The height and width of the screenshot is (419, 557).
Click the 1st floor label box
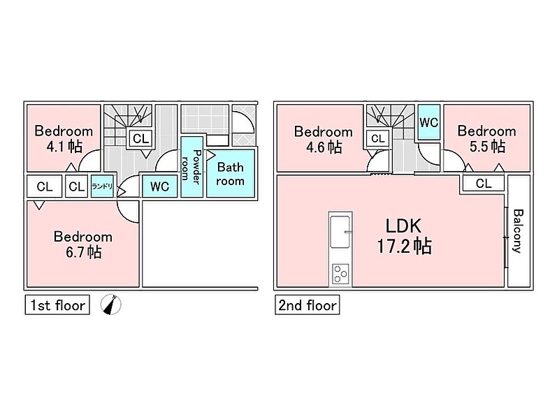click(57, 305)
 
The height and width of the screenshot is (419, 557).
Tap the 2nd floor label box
click(307, 305)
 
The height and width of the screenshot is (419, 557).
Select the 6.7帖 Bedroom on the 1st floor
click(83, 244)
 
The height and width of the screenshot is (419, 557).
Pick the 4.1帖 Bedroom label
click(64, 138)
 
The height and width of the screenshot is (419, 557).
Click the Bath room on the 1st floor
click(230, 174)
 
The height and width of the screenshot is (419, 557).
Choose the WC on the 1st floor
click(160, 186)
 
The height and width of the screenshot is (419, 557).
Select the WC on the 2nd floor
click(428, 122)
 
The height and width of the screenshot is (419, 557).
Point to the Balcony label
click(517, 231)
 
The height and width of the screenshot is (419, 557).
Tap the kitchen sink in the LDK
click(340, 230)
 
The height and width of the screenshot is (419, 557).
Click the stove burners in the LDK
click(340, 273)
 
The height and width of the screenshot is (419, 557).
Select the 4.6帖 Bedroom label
click(323, 139)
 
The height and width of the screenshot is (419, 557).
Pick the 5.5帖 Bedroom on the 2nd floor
click(486, 138)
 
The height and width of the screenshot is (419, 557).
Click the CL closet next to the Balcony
click(483, 184)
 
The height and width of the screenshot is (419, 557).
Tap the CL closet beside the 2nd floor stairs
click(378, 139)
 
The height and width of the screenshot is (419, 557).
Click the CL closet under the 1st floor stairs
click(140, 138)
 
